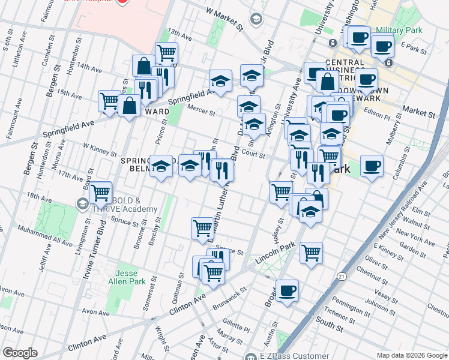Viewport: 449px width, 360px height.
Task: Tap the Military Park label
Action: (399, 31)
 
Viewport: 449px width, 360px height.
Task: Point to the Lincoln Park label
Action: (276, 250)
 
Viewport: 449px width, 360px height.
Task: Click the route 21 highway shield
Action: (341, 276)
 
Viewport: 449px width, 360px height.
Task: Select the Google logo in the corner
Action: (20, 353)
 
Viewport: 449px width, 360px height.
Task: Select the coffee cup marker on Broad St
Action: (287, 290)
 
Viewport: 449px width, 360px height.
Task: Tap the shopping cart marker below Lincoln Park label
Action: (311, 253)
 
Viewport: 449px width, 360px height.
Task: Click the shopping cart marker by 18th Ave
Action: (100, 193)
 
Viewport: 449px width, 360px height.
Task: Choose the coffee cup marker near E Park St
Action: (382, 45)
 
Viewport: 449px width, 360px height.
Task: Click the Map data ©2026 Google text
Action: (411, 355)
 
